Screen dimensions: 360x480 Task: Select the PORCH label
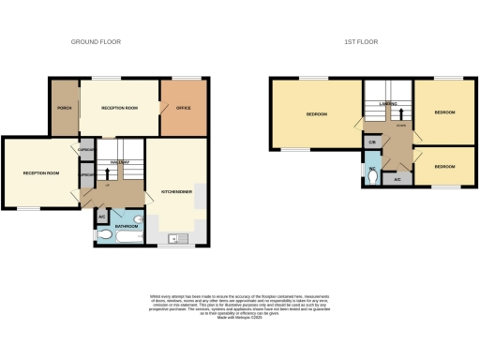pos(65,108)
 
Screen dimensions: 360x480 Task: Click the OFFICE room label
pos(183,108)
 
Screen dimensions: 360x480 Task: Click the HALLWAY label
pos(119,162)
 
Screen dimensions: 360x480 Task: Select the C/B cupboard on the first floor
pos(372,142)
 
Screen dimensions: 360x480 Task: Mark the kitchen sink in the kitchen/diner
pos(172,238)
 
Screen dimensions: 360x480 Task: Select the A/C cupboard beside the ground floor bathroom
pos(102,217)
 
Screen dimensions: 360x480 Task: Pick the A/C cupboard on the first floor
pos(397,178)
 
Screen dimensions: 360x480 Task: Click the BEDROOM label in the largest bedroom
pos(316,114)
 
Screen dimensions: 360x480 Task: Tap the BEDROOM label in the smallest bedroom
pos(445,166)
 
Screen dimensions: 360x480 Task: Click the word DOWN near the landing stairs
pos(400,124)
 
